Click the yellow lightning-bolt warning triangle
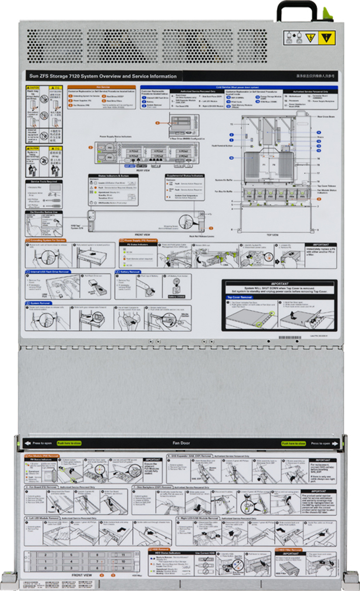[x=310, y=37]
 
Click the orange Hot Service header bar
[x=102, y=87]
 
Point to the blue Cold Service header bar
[x=239, y=88]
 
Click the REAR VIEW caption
[x=143, y=170]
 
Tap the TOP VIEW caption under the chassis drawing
[x=272, y=235]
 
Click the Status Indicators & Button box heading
[x=113, y=176]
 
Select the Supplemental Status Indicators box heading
[x=185, y=176]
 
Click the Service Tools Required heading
[x=44, y=182]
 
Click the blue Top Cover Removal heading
[x=239, y=297]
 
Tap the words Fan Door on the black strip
[x=181, y=443]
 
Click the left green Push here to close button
[x=69, y=443]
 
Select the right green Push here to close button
[x=293, y=443]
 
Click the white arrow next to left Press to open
[x=27, y=443]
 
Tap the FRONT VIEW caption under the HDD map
[x=82, y=575]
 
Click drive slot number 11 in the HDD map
[x=123, y=555]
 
